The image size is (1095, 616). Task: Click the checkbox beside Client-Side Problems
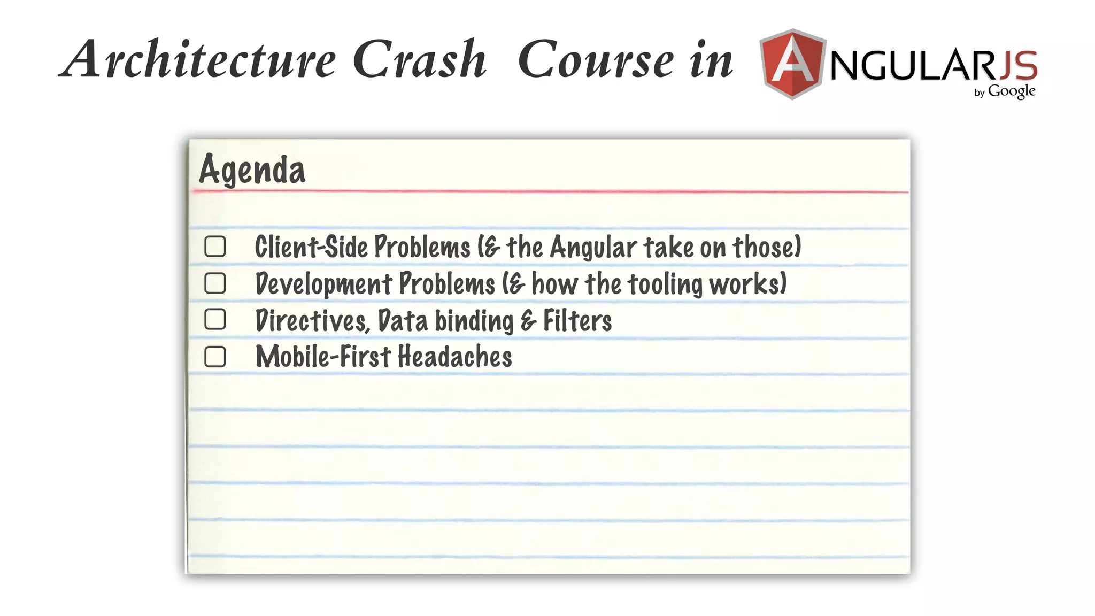pos(215,247)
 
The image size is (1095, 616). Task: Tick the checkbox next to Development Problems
pos(215,283)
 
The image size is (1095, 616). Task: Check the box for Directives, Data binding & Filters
pos(215,319)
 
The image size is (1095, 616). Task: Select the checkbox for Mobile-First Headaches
pos(215,357)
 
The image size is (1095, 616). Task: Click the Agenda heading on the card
pos(252,170)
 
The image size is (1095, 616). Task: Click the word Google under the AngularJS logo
pos(1012,91)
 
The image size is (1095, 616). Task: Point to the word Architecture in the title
pos(198,59)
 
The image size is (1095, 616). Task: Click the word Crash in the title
pos(420,59)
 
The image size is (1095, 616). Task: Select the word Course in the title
pos(596,59)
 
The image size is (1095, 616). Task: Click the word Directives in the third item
pos(312,321)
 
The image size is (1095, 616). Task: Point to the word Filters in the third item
pos(577,321)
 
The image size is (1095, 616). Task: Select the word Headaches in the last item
pos(454,357)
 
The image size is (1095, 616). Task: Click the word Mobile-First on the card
pos(323,357)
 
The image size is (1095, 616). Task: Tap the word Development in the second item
pos(324,284)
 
